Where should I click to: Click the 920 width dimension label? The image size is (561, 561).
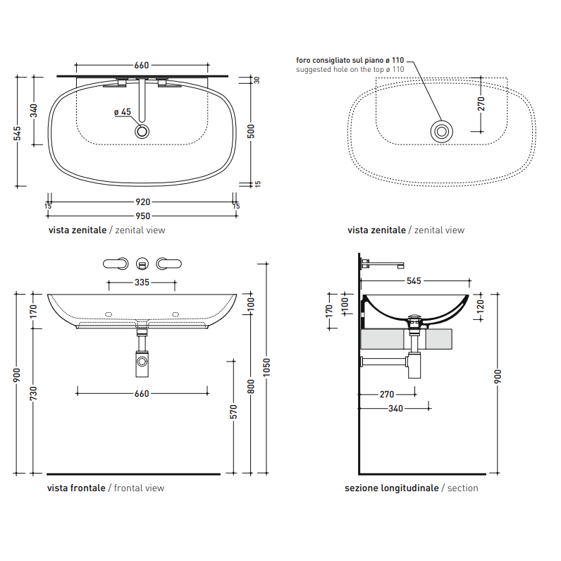pos(143,202)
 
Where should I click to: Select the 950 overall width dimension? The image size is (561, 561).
pos(143,216)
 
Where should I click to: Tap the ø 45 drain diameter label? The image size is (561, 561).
pos(123,112)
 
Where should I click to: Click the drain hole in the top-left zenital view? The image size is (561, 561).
pos(142,132)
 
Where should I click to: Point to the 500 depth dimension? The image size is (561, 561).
pos(251,131)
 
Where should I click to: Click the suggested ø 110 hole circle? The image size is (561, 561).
pos(441,132)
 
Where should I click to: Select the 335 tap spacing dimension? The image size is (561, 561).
pos(142,283)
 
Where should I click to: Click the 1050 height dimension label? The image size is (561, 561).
pos(266,367)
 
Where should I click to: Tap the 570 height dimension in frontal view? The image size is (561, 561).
pos(233,412)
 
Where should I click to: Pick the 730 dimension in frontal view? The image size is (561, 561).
pos(33,393)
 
